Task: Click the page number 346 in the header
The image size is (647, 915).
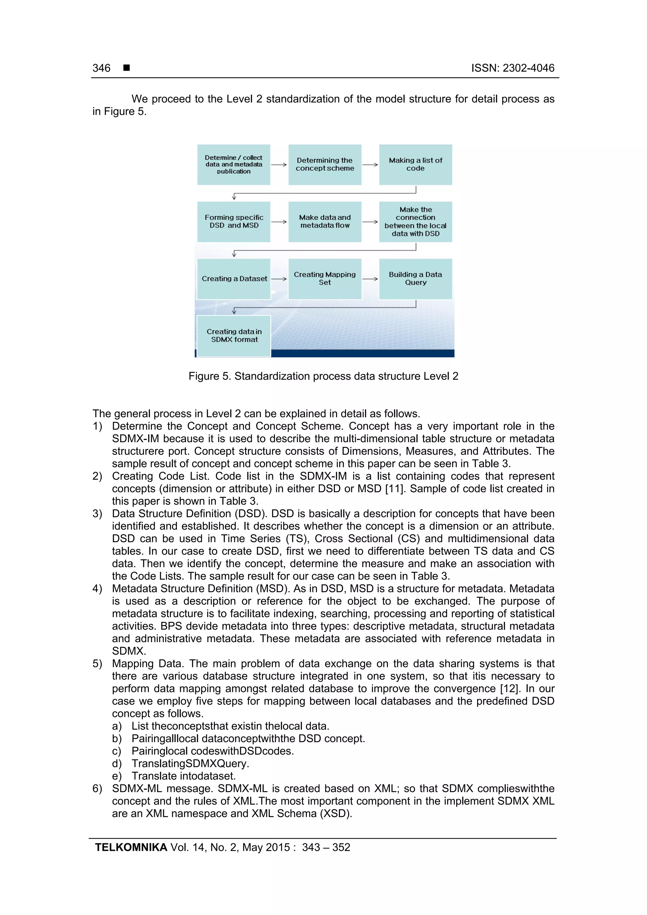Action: pyautogui.click(x=101, y=68)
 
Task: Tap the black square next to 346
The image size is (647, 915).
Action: pyautogui.click(x=127, y=68)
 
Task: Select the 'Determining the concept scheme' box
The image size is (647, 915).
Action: pyautogui.click(x=324, y=165)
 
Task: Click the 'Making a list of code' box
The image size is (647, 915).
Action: pyautogui.click(x=415, y=165)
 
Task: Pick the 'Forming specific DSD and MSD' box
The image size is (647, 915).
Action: pyautogui.click(x=234, y=222)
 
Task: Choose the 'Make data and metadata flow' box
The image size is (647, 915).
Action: pyautogui.click(x=324, y=222)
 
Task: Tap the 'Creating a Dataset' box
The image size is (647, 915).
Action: pyautogui.click(x=234, y=279)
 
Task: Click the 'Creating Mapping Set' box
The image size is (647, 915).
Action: pyautogui.click(x=324, y=279)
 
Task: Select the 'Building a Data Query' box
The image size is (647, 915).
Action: pyautogui.click(x=415, y=279)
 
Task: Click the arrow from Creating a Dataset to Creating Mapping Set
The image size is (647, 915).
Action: pyautogui.click(x=279, y=279)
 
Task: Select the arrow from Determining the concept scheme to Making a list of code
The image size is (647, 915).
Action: pyautogui.click(x=370, y=165)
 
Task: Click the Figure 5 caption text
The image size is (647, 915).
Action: pyautogui.click(x=323, y=376)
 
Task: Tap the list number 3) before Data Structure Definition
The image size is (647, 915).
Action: pyautogui.click(x=97, y=514)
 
